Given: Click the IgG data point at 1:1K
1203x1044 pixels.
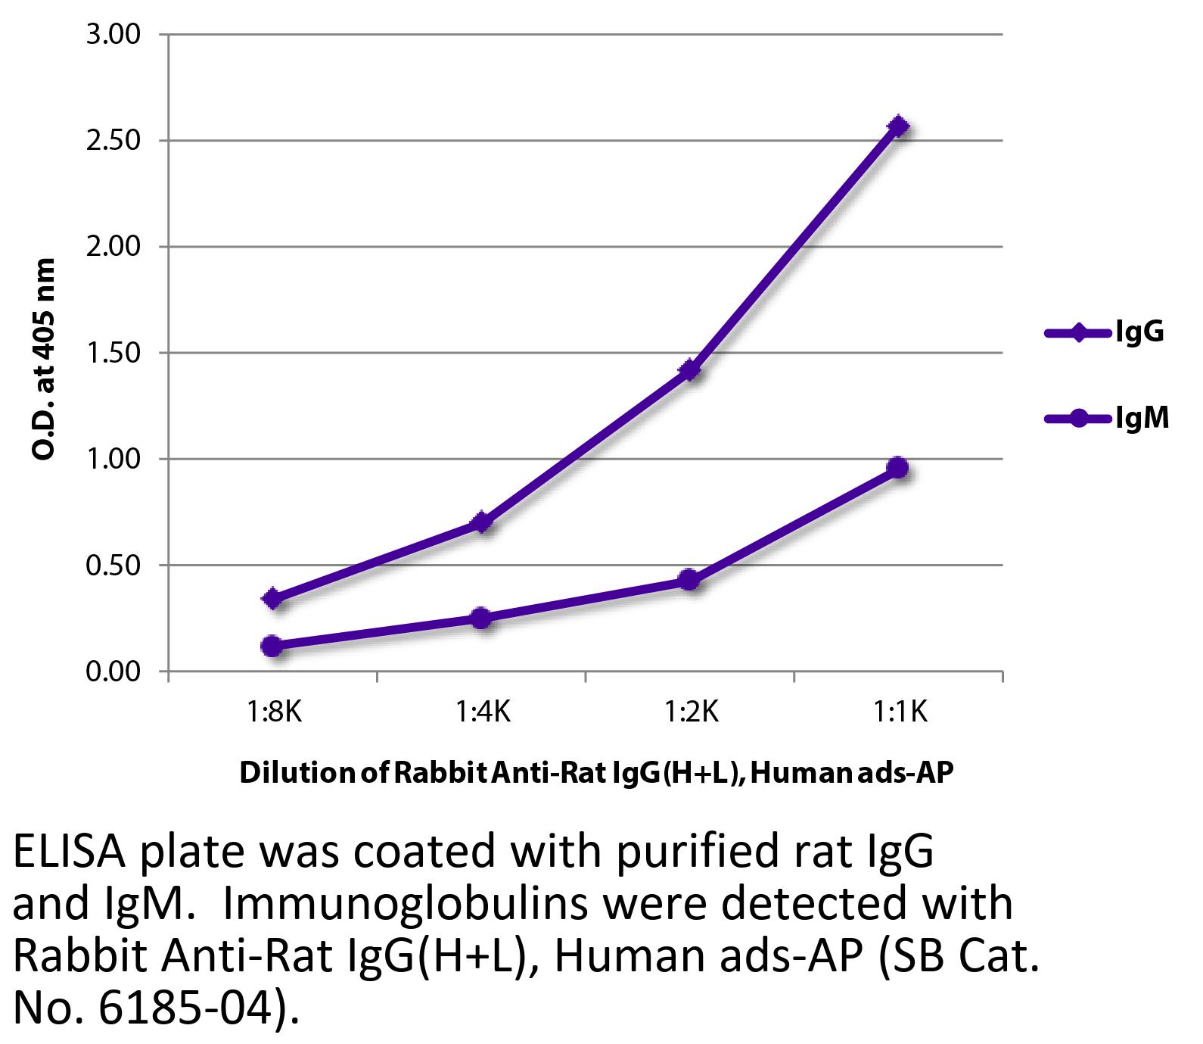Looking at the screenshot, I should tap(898, 126).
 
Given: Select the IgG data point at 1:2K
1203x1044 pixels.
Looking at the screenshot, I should tap(689, 370).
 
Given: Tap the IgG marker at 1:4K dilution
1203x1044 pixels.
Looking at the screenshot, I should tap(481, 522).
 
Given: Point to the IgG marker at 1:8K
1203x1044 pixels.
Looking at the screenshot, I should tap(272, 599).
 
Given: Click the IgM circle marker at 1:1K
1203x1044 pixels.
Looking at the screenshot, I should tap(898, 467).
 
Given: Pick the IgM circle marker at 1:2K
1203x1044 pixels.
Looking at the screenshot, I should tap(689, 580).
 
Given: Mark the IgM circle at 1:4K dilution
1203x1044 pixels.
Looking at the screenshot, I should tap(481, 618).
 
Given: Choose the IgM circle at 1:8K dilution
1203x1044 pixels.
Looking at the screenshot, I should tap(272, 646).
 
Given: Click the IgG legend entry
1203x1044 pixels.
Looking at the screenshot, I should tap(1104, 332).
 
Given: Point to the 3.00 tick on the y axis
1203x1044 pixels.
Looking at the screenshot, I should tap(113, 35).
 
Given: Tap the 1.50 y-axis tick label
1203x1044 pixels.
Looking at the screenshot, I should tap(113, 353).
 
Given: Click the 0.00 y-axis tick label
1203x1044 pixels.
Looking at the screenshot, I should tap(113, 672).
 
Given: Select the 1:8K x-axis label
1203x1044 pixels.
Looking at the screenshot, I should tap(273, 712).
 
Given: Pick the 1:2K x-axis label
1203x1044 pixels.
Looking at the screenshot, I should tap(690, 712).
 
